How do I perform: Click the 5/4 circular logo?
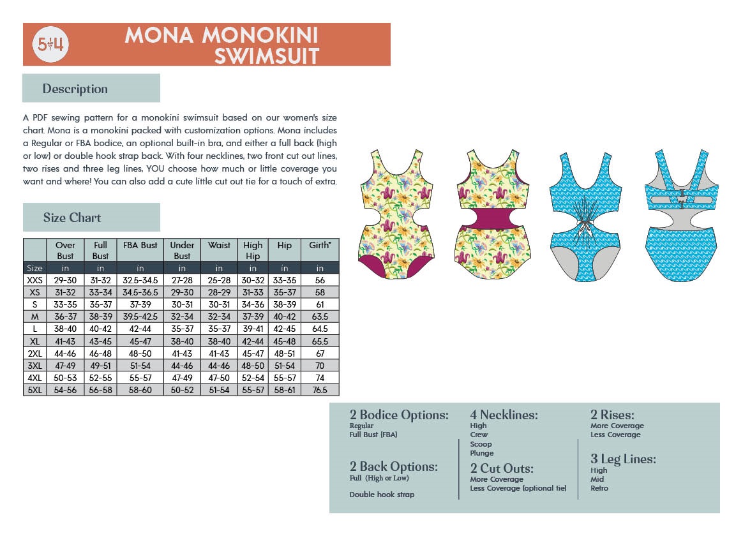coord(51,45)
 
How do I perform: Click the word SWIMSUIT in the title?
coord(266,56)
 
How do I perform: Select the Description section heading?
coord(75,89)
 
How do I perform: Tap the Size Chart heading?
coord(72,218)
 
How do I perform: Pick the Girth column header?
coord(320,245)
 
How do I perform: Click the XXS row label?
coord(34,280)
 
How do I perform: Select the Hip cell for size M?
coord(285,316)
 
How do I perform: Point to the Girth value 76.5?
coord(320,390)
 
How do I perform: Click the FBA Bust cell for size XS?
coord(140,292)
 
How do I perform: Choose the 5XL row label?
coord(34,390)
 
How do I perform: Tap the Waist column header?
coord(219,245)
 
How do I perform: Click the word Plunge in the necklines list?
coord(482,453)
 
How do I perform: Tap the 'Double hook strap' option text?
coord(382,495)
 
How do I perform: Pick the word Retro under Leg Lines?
coord(599,488)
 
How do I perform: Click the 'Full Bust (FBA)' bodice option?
coord(373,435)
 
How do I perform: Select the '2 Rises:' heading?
coord(612,415)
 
